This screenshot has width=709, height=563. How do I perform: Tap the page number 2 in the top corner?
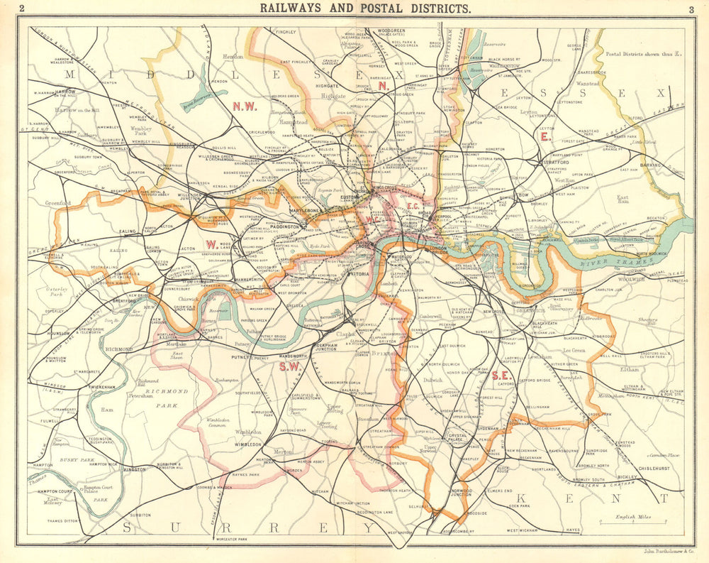pos(22,9)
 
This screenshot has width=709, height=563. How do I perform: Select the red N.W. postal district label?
pos(245,106)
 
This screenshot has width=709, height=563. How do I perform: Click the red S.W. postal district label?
pos(289,366)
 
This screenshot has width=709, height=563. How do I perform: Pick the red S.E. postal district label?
pos(500,375)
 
